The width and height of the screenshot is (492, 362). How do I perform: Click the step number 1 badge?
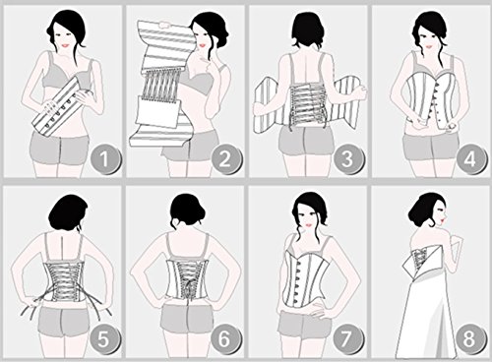[105, 159]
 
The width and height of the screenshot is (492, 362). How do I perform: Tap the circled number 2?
[225, 159]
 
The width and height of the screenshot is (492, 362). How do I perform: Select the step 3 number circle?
[348, 159]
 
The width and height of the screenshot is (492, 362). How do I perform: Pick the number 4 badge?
[470, 159]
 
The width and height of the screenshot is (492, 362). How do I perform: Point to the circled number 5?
[103, 338]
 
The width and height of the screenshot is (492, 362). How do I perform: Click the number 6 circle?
[225, 338]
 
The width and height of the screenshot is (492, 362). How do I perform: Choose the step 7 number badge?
[348, 338]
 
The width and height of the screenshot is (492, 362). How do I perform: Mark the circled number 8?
[470, 338]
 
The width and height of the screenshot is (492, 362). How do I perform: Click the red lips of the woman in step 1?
[66, 45]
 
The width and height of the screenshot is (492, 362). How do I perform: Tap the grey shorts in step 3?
[306, 141]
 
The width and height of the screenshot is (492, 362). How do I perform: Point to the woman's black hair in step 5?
[68, 212]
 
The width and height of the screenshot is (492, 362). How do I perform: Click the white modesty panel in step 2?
[158, 111]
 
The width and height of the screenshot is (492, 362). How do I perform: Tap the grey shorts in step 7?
[304, 322]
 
